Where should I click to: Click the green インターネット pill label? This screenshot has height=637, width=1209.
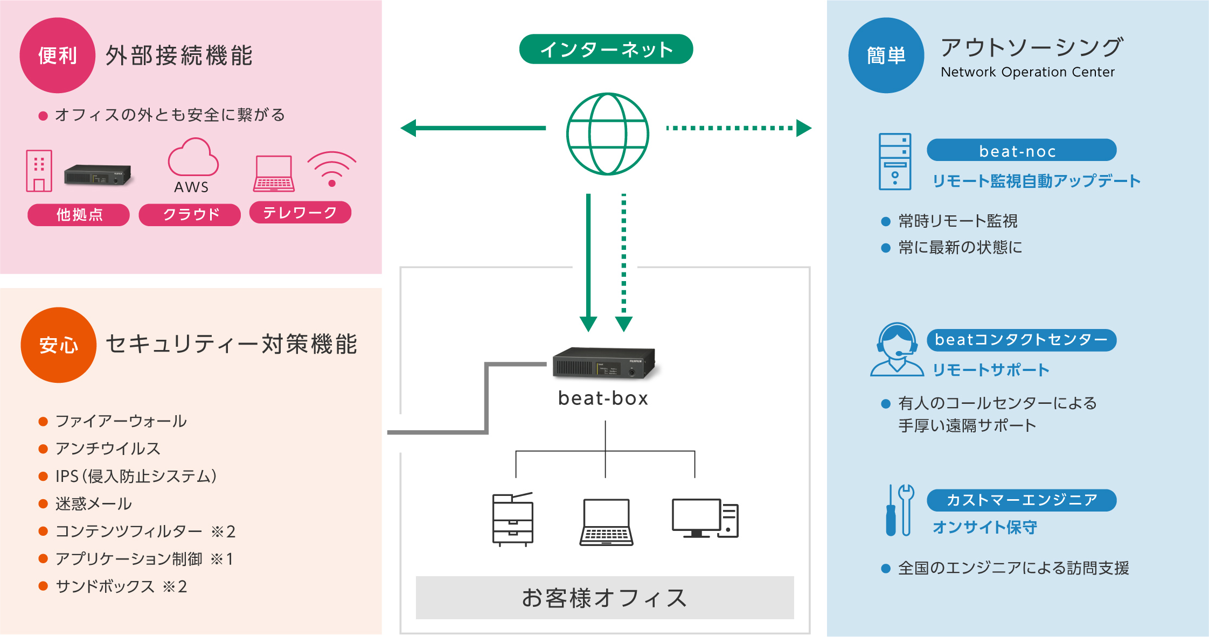coord(606,50)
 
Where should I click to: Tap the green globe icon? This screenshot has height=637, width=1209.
coord(607,134)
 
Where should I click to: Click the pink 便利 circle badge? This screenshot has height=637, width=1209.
coord(57,55)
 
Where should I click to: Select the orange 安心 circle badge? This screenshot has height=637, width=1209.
coord(58,345)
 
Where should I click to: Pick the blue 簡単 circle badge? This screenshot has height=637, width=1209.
coord(886,55)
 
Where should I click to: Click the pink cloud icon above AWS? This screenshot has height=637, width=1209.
coord(193,158)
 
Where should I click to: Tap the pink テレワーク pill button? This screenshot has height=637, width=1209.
coord(300,213)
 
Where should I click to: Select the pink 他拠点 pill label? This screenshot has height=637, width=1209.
coord(79,215)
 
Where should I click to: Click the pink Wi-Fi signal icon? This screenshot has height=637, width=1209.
coord(332,169)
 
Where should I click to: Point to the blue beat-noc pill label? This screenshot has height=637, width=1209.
coord(1021,150)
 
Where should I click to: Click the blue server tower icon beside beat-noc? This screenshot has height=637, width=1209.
coord(895,162)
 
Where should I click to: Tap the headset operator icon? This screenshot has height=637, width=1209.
coord(897,350)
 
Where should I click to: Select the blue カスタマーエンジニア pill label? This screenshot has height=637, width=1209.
coord(1021,500)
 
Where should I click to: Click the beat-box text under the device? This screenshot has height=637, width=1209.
coord(603,398)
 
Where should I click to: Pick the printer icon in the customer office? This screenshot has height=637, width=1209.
coord(512,520)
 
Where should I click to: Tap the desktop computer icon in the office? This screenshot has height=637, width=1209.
coord(705,518)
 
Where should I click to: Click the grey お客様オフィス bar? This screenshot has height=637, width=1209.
coord(604,598)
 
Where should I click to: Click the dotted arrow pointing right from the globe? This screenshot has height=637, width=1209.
coord(738,128)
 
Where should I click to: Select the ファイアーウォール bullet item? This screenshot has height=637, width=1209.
coord(121,421)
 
